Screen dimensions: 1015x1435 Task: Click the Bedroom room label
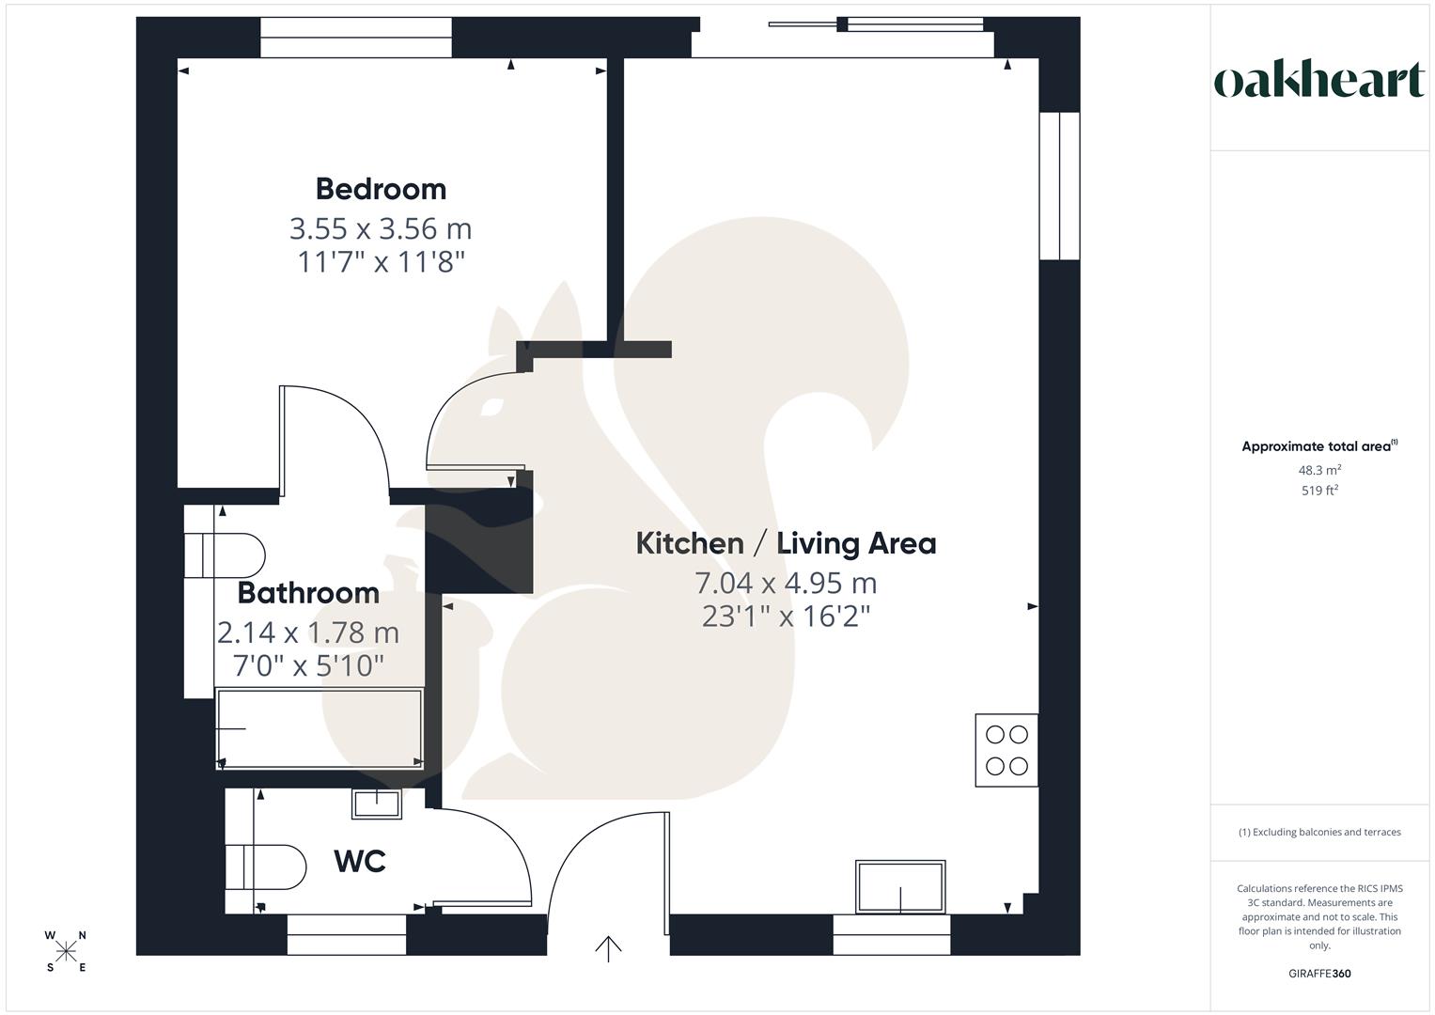coord(381,189)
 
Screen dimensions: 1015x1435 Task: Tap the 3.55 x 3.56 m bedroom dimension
coord(381,228)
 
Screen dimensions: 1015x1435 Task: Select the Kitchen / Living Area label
coord(786,543)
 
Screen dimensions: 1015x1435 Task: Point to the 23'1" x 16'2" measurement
coord(786,617)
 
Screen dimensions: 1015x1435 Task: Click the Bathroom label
coord(308,593)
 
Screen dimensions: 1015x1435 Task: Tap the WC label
coord(360,861)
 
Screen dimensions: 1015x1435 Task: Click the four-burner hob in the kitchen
coord(1006,750)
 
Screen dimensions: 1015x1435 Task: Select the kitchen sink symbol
coord(900,886)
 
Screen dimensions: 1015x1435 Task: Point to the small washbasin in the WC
coord(376,804)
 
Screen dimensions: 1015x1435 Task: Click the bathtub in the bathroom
coord(320,728)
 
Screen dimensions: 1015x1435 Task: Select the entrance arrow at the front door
coord(608,948)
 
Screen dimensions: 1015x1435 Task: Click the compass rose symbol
coord(66,951)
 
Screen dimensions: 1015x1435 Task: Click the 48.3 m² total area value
coord(1319,470)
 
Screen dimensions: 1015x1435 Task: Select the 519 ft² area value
coord(1319,491)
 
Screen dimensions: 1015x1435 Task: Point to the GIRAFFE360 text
coord(1319,974)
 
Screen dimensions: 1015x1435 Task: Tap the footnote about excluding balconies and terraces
coord(1319,832)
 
